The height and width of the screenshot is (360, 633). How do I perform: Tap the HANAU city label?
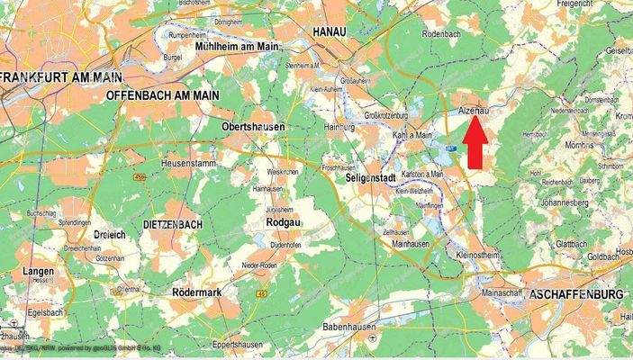point(330,31)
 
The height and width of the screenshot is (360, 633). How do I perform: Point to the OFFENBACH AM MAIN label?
point(165,95)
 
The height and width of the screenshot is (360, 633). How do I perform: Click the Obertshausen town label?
point(252,128)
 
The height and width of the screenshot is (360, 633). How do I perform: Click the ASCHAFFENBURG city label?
point(577,294)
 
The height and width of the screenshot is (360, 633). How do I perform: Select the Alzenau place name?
point(475,108)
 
